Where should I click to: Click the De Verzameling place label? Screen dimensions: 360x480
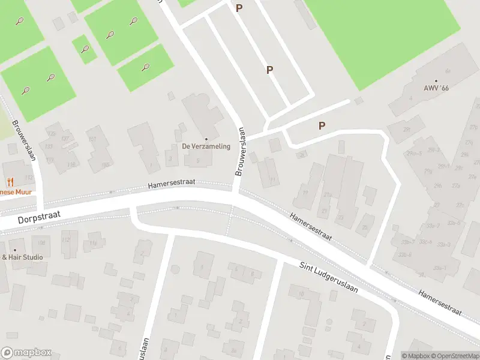pos(206,146)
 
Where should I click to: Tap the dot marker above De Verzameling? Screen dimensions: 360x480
pos(206,139)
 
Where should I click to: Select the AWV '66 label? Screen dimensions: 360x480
pos(436,88)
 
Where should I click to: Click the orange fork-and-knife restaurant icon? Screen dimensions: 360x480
pos(10,182)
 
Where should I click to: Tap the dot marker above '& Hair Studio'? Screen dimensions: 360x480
pos(15,250)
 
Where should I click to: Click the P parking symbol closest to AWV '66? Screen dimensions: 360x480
pos(322,125)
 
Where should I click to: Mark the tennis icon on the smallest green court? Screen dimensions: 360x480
pos(85,49)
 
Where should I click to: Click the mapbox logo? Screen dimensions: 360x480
pos(26,353)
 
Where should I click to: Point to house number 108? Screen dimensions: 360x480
pos(41,242)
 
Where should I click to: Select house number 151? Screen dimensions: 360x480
pos(92,139)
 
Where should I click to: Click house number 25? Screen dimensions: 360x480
pos(365,227)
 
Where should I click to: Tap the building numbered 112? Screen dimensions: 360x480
pos(66,241)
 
